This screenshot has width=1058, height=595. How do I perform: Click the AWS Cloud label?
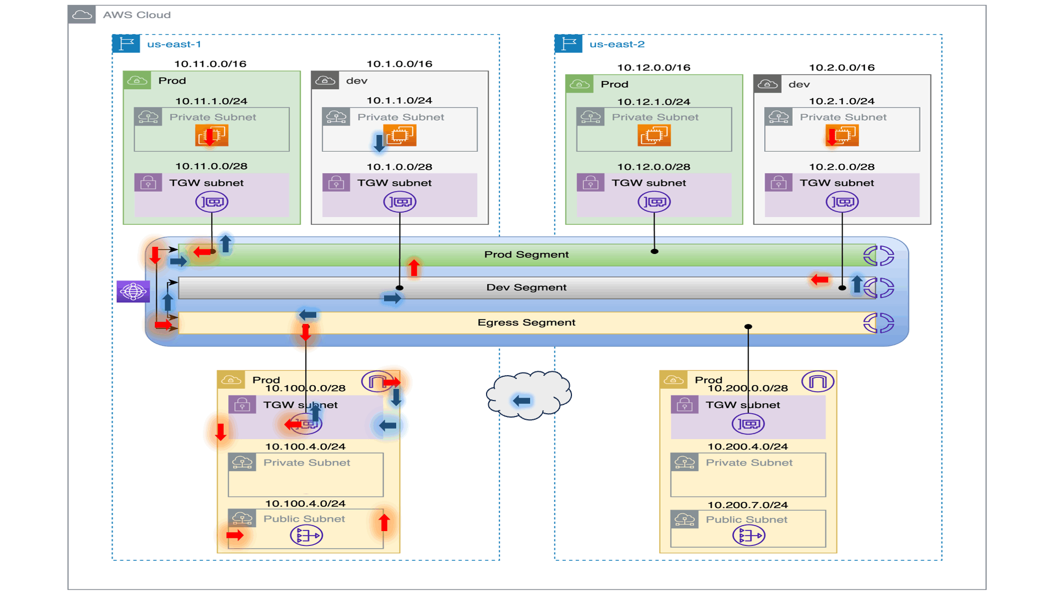[137, 15]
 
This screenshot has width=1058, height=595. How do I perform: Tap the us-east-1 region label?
[174, 44]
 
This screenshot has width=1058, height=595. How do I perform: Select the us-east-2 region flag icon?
[568, 44]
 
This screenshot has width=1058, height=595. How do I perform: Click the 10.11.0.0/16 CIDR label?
[210, 64]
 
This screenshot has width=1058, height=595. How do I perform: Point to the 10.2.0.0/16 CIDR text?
[841, 68]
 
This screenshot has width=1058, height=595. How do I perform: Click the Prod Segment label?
[526, 255]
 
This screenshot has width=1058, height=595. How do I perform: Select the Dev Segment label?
[526, 288]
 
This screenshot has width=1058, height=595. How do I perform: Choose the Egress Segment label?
[526, 323]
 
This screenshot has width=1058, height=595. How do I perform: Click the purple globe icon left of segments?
[133, 291]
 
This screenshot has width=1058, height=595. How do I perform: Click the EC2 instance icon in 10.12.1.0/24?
[654, 135]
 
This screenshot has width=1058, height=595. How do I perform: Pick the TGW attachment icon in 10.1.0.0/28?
[400, 202]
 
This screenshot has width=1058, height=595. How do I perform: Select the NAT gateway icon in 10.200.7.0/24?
[748, 535]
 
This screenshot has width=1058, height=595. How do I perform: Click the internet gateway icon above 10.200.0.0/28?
[818, 381]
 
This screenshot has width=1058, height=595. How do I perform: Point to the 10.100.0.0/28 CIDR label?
[305, 388]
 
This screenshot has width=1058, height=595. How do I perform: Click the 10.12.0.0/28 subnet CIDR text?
[654, 167]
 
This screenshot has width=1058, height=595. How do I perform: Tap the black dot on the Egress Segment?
[748, 327]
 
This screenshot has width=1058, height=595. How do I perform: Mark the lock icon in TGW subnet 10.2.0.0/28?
[778, 182]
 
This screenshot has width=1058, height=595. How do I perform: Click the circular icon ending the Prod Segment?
[878, 256]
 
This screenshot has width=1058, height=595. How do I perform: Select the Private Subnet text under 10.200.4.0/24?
[749, 463]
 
